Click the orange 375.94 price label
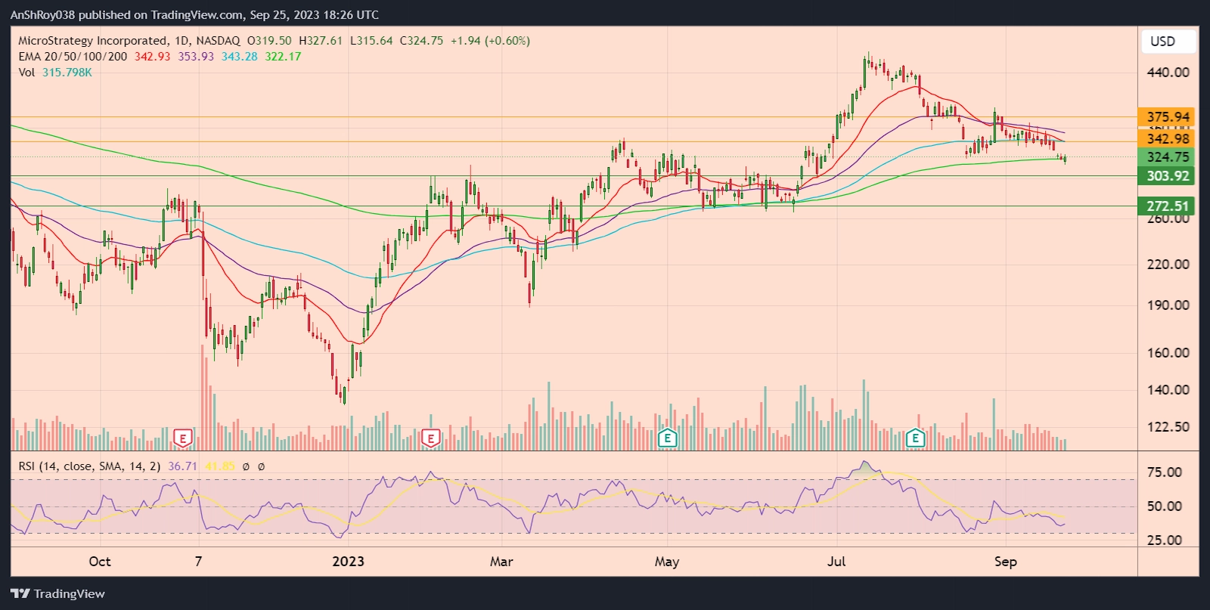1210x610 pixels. pyautogui.click(x=1167, y=117)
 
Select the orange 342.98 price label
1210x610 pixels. pyautogui.click(x=1167, y=138)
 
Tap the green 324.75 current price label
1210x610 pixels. pyautogui.click(x=1167, y=157)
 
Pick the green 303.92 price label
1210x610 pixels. pyautogui.click(x=1167, y=176)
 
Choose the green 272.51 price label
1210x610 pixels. pyautogui.click(x=1167, y=206)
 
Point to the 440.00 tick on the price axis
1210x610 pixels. pyautogui.click(x=1167, y=73)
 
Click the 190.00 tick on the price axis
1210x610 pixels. pyautogui.click(x=1167, y=305)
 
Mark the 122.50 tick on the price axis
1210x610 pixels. pyautogui.click(x=1167, y=427)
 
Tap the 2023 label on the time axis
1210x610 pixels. pyautogui.click(x=348, y=562)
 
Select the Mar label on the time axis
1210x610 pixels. pyautogui.click(x=501, y=562)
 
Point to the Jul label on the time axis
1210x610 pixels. pyautogui.click(x=836, y=562)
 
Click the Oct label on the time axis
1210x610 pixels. pyautogui.click(x=100, y=562)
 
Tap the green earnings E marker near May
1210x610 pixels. pyautogui.click(x=667, y=438)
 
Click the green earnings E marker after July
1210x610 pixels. pyautogui.click(x=915, y=438)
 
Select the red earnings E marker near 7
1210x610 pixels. pyautogui.click(x=182, y=438)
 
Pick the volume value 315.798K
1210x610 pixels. pyautogui.click(x=67, y=73)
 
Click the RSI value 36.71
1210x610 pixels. pyautogui.click(x=182, y=466)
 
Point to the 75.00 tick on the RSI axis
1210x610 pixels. pyautogui.click(x=1164, y=472)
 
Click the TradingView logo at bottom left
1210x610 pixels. pyautogui.click(x=57, y=594)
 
